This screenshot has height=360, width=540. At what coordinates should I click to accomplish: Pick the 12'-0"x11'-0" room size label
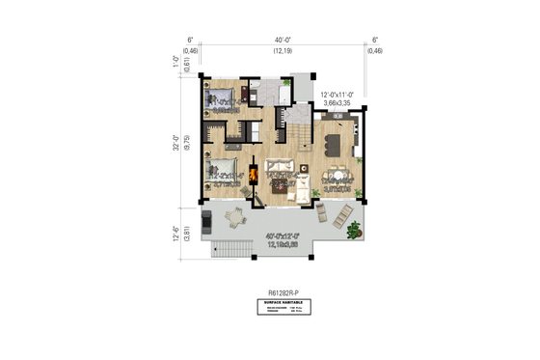339,95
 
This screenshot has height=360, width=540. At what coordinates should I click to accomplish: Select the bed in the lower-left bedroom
215,172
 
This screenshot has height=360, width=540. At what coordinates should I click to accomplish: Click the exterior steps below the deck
228,253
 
